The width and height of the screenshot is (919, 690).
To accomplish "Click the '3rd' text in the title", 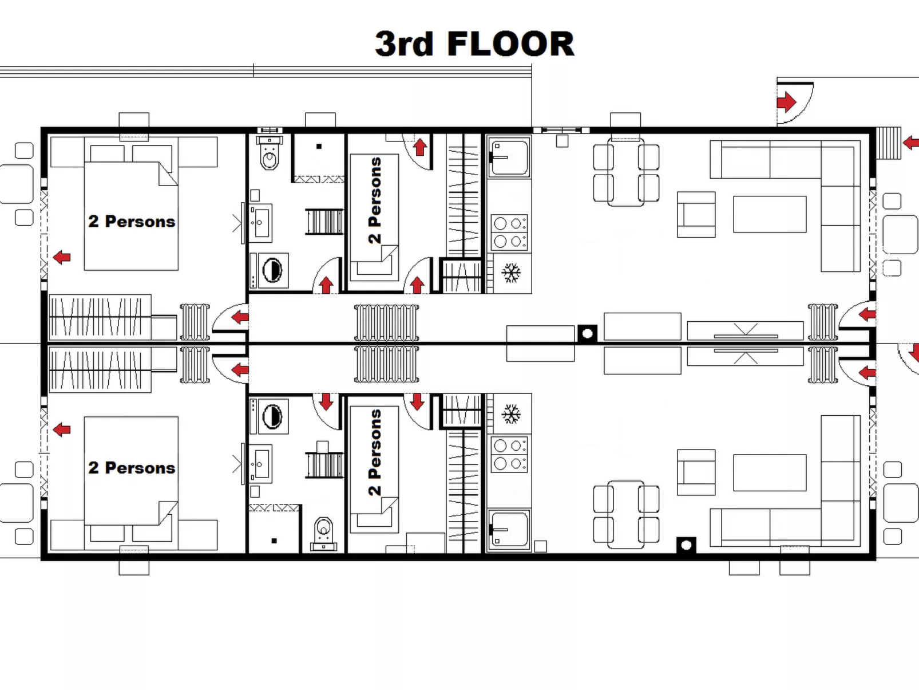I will pos(404,44).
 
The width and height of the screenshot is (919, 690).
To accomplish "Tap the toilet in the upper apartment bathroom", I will pos(269,155).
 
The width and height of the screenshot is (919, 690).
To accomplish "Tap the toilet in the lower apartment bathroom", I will pos(324,531).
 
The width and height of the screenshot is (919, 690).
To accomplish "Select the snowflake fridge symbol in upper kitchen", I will pos(511,273).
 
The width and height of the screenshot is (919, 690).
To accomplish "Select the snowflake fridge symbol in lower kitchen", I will pos(511,413).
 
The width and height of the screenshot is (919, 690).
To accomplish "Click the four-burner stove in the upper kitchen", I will pos(509,232).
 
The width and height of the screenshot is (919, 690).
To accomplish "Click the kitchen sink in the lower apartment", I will pos(509,529).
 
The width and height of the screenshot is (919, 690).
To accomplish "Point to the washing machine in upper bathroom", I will pos(272,270).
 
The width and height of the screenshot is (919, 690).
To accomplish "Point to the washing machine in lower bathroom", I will pos(272,416).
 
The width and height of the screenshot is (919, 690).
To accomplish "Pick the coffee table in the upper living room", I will pos(770,214).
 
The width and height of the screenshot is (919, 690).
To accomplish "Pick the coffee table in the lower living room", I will pos(770,472).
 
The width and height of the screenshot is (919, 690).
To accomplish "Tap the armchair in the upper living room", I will pos(696,215).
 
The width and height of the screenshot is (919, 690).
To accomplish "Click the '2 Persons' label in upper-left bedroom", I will pos(132,222).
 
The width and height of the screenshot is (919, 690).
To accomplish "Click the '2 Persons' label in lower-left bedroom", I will pos(132,468).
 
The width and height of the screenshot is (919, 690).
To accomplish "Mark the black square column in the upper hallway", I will pos(587,333).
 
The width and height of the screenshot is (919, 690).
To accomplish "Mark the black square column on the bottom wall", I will pos(686,545).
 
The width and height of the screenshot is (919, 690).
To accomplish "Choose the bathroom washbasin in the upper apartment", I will pos(260,222).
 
